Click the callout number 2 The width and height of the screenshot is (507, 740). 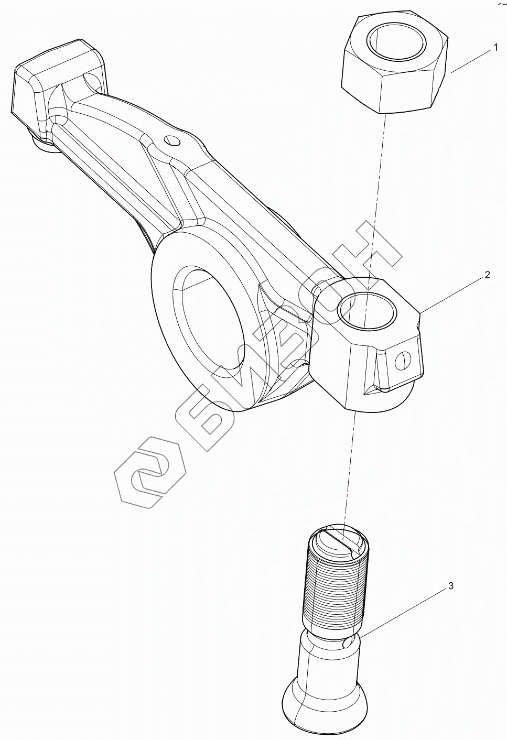[487, 275]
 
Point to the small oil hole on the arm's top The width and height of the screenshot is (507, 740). [171, 140]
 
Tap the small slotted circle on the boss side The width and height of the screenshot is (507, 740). [402, 361]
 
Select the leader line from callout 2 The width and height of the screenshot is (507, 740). [454, 293]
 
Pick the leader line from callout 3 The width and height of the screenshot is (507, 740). [404, 610]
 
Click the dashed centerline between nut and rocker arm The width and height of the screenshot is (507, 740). [377, 199]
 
